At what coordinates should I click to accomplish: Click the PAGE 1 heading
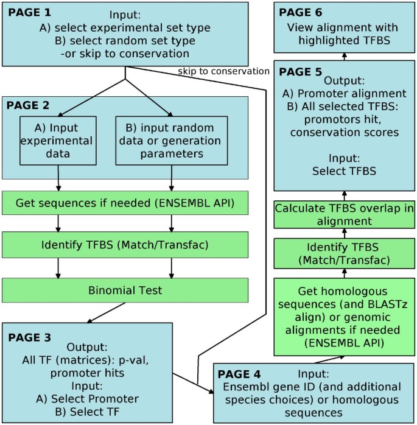coord(30,12)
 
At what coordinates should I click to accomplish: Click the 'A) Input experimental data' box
coord(58,141)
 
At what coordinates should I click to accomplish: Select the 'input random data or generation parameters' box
coord(172,141)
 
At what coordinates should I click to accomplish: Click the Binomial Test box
coord(125,290)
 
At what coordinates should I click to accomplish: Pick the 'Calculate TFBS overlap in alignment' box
coord(344,215)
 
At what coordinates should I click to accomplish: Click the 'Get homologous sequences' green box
coord(344,317)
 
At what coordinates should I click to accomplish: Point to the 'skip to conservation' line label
coord(223,71)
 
